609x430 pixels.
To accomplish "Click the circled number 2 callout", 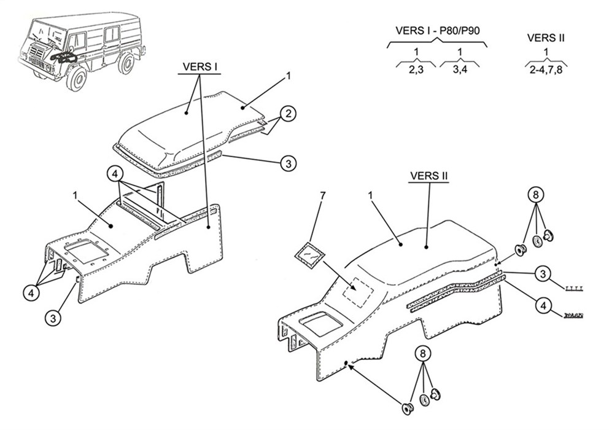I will [x=289, y=114].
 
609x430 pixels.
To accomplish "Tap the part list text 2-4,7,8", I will [x=545, y=70].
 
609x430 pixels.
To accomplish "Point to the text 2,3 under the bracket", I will [x=416, y=70].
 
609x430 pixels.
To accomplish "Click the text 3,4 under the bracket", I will [x=459, y=70].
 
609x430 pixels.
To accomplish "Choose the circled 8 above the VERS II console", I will [x=536, y=195].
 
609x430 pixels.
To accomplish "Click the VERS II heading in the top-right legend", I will [x=546, y=37].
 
